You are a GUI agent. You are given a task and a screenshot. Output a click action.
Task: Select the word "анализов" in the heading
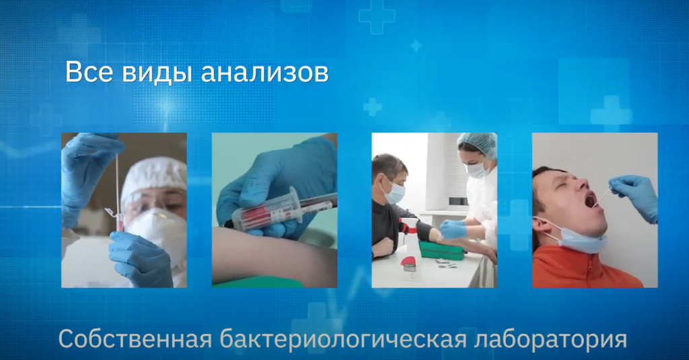click(x=264, y=73)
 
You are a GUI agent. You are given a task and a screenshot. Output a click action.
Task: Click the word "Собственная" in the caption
click(x=134, y=338)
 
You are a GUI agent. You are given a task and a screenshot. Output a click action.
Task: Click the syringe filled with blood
click(x=283, y=210)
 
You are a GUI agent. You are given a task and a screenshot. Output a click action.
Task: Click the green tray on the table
click(x=441, y=250)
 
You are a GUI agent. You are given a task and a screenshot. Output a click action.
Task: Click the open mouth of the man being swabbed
click(x=589, y=199)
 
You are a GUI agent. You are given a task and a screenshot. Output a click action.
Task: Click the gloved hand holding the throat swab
click(x=635, y=194)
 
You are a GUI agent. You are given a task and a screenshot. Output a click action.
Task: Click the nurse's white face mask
click(x=477, y=170)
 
